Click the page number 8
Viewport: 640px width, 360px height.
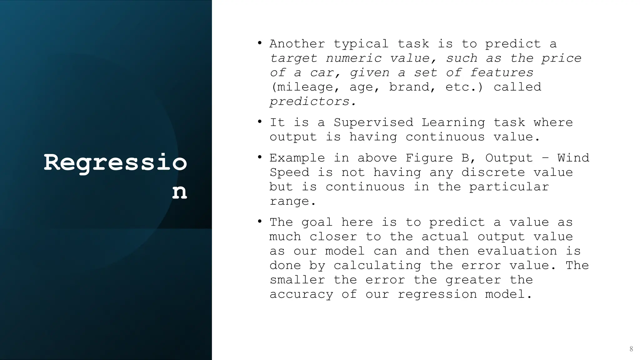(631, 349)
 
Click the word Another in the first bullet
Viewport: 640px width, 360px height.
(297, 44)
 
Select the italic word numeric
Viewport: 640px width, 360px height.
(353, 58)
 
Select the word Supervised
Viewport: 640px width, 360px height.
(373, 122)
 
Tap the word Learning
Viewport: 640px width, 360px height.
(453, 122)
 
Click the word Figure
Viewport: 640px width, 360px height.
(429, 158)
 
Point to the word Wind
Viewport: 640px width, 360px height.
(573, 158)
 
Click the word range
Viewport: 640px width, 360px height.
(293, 201)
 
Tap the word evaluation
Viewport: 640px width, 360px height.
(517, 251)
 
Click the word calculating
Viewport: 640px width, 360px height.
(377, 265)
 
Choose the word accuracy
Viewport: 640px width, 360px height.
(301, 294)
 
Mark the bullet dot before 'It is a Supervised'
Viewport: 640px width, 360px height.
(260, 121)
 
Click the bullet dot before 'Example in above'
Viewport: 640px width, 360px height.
(260, 157)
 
